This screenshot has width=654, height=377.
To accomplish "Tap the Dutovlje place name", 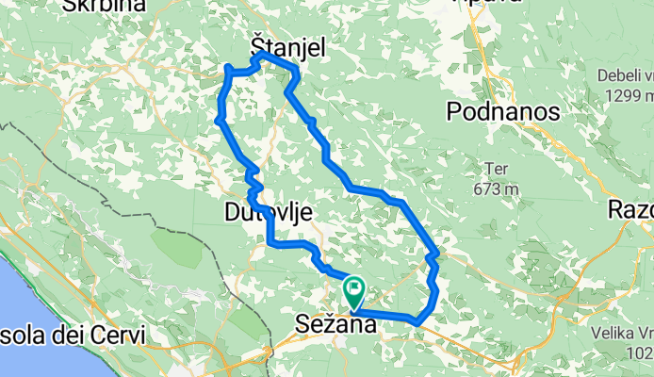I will pyautogui.click(x=269, y=212).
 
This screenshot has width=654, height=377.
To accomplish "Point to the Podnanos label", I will pyautogui.click(x=502, y=112).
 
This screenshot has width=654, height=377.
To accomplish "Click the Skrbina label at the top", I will pyautogui.click(x=104, y=6).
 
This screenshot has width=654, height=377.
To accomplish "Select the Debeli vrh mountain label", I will pyautogui.click(x=621, y=74).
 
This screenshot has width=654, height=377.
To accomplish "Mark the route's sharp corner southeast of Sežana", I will pyautogui.click(x=417, y=323).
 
